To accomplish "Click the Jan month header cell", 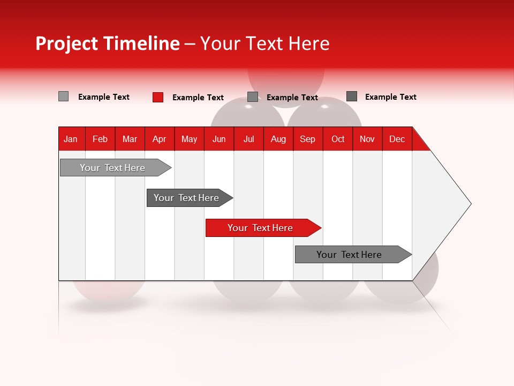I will click(x=71, y=139).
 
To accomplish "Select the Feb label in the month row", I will click(x=100, y=139).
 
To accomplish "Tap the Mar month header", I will click(x=130, y=139).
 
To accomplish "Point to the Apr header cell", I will click(x=159, y=139).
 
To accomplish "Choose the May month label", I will click(x=189, y=139).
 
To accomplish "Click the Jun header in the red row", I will click(x=219, y=139).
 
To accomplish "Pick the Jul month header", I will click(x=248, y=139).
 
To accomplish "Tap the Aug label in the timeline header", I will click(x=278, y=139).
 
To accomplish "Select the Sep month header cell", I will click(x=308, y=139).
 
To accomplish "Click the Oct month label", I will click(x=338, y=139).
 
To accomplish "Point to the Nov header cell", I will click(x=367, y=139).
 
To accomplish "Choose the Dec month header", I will click(x=397, y=139).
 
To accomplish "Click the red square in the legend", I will click(x=158, y=97).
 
